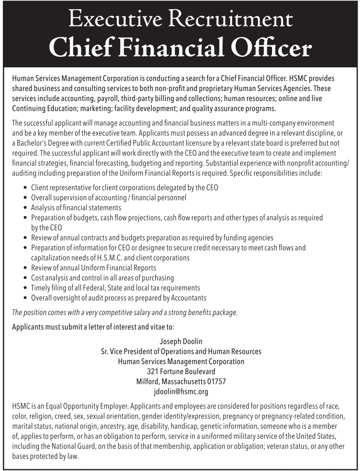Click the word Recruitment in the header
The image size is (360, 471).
[233, 20]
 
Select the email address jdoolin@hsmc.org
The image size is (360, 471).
[181, 392]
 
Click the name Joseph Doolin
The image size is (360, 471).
[181, 342]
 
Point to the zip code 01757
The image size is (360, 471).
[216, 382]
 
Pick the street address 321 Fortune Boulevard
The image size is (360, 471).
[181, 371]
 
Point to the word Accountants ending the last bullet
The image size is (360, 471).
[188, 298]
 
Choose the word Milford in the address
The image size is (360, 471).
[149, 382]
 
